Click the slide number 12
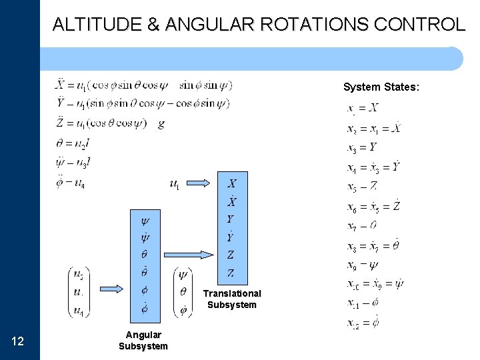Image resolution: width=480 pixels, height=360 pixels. [x=19, y=342]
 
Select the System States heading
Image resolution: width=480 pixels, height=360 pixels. [x=381, y=87]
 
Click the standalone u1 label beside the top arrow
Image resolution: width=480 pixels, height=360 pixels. [x=175, y=184]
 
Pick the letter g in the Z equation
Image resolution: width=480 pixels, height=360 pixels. [x=161, y=123]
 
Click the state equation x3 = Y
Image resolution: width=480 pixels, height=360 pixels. [x=363, y=147]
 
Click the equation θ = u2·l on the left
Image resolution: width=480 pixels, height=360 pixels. [x=73, y=143]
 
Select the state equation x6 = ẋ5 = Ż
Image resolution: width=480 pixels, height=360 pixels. [x=374, y=207]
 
